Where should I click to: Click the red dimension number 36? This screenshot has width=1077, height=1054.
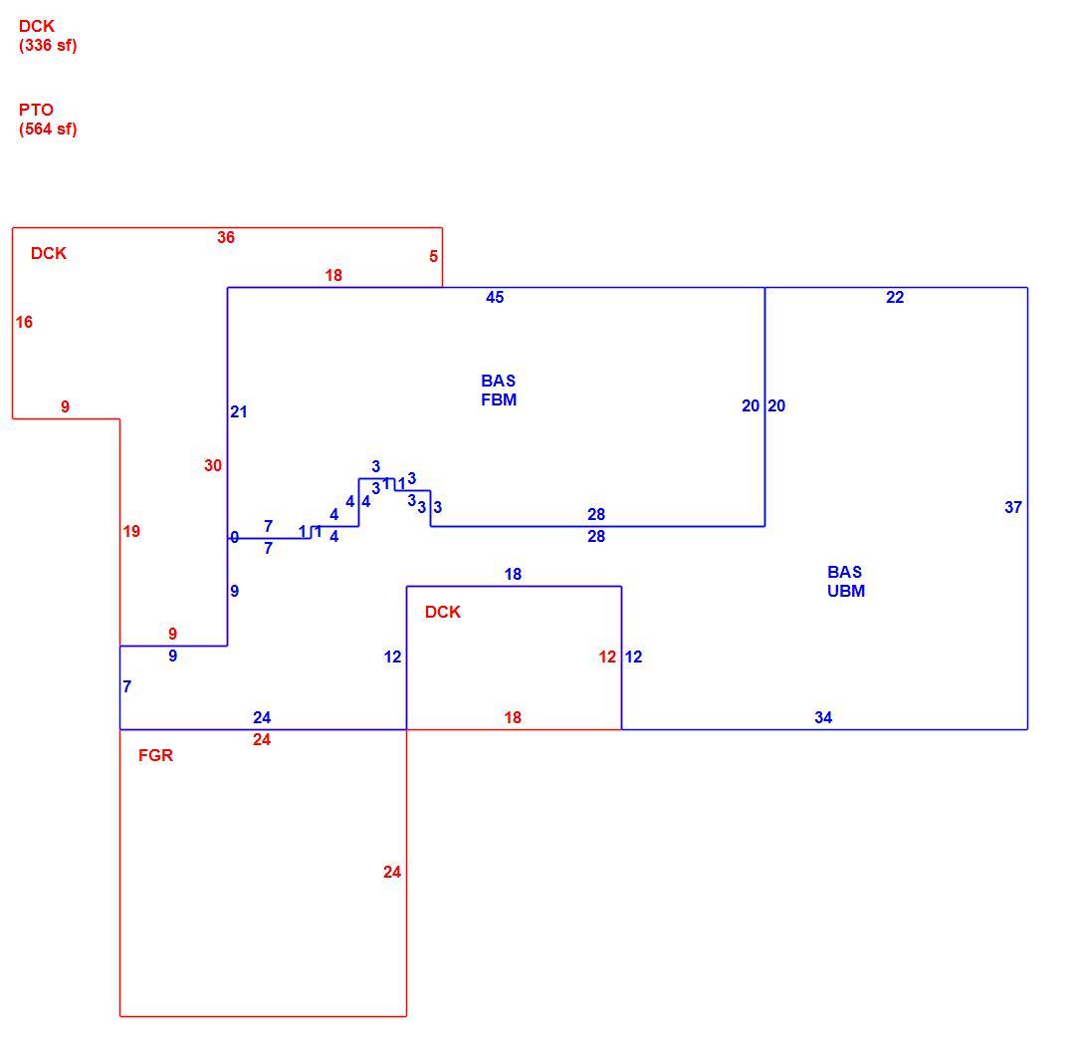click(226, 237)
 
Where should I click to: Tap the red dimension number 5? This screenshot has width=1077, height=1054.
click(433, 256)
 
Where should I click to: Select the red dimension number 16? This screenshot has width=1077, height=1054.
click(24, 322)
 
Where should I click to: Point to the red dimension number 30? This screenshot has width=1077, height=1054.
click(213, 465)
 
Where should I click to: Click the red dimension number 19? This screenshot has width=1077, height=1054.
click(131, 531)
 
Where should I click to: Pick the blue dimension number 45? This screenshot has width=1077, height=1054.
click(495, 297)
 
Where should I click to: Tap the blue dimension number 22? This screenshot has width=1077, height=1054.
click(895, 297)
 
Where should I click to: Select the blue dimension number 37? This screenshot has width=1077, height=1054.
click(1013, 507)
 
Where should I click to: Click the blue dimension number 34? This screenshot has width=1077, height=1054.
click(823, 718)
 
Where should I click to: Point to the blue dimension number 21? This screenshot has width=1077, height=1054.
click(238, 411)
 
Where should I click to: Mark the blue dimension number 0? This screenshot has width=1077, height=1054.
click(234, 538)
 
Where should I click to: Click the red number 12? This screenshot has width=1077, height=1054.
click(607, 657)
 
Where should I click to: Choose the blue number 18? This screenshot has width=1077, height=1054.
click(513, 574)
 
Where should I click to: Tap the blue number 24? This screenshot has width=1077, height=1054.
click(262, 718)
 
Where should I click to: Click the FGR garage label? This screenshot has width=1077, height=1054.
click(156, 755)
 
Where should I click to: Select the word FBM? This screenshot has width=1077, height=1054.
click(499, 400)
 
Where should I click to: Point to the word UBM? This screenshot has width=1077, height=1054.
click(846, 592)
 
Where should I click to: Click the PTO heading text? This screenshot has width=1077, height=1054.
click(37, 110)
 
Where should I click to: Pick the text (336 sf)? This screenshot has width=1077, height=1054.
click(48, 46)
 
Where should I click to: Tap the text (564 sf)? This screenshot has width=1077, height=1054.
click(48, 130)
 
